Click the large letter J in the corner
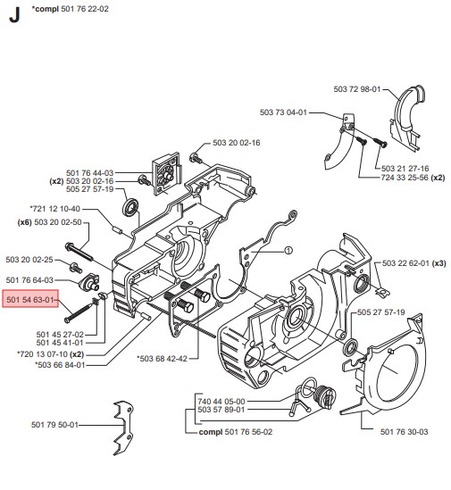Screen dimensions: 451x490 [x=14, y=14]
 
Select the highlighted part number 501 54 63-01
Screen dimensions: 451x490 [x=30, y=299]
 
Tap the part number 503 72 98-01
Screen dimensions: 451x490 [x=357, y=89]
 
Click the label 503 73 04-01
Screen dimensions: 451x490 [x=283, y=112]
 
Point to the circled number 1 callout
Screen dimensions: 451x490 [x=288, y=250]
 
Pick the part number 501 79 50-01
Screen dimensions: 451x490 [x=54, y=424]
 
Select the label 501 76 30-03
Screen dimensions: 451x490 [x=404, y=432]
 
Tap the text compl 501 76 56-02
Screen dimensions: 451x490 [x=236, y=432]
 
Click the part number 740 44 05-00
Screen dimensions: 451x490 [x=221, y=401]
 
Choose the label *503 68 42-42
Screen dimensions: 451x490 [x=163, y=359]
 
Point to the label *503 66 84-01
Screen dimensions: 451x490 [x=60, y=365]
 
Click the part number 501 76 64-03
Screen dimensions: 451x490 [x=29, y=280]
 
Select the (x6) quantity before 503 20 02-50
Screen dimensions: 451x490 [x=24, y=222]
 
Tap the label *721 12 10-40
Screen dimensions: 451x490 [x=55, y=209]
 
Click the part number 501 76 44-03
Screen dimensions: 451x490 [x=90, y=173]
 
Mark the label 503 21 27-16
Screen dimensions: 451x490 [x=405, y=169]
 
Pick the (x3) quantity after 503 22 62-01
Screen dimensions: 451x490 [x=438, y=263]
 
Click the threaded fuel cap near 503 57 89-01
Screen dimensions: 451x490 [x=326, y=396]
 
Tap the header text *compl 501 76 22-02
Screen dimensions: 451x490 [x=70, y=9]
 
